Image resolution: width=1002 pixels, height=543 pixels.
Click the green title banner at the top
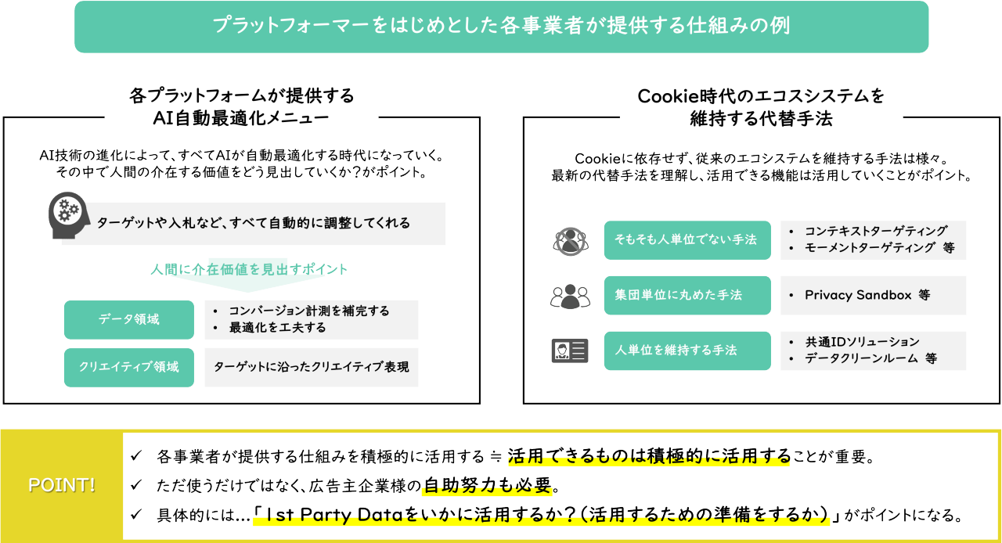point(501,27)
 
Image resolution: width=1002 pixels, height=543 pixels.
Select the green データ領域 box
point(129,319)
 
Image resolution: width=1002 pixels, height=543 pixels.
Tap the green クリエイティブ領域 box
point(129,367)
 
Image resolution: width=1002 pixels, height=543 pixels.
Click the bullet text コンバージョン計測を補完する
point(308,311)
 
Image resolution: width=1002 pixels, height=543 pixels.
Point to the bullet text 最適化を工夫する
point(277,328)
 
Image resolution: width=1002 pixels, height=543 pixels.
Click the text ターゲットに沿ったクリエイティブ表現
point(311,367)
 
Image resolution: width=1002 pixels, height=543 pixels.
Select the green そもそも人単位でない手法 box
point(687,240)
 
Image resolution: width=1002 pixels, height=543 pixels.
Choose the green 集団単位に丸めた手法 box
point(687,295)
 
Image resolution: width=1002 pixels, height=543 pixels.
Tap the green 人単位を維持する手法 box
point(687,351)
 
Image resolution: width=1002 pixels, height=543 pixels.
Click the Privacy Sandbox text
point(859,295)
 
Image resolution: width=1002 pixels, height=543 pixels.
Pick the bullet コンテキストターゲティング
point(875,232)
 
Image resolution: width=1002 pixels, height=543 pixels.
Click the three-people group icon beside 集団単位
point(569,296)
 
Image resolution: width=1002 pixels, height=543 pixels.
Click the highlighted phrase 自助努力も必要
point(487,486)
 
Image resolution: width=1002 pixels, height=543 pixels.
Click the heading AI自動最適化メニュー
point(241,117)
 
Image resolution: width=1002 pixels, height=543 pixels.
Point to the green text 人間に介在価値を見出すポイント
point(249,269)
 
